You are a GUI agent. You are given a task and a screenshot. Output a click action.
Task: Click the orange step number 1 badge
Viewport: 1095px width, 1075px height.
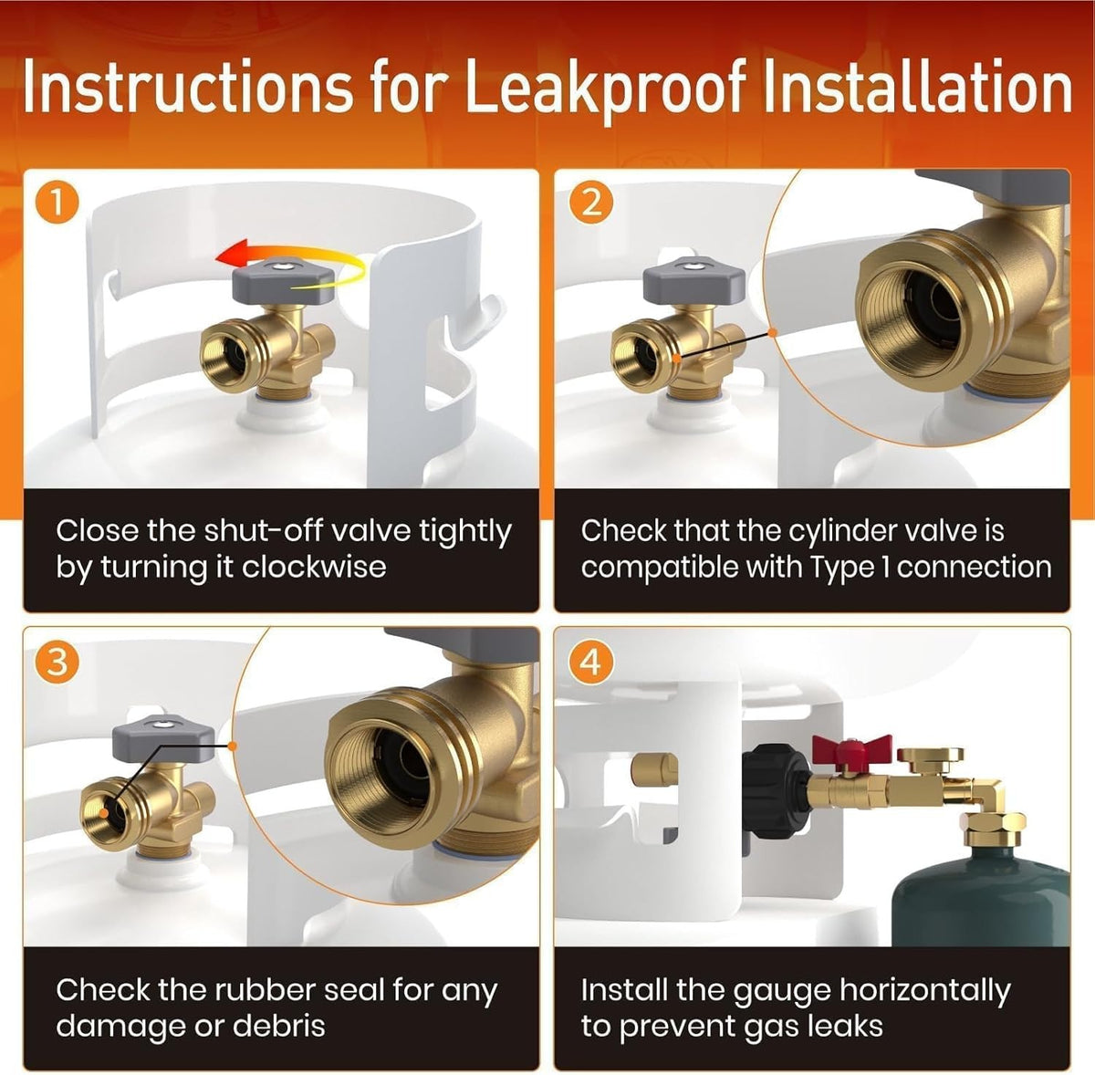click(x=57, y=204)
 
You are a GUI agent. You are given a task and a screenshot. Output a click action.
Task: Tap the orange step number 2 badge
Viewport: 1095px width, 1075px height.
click(x=591, y=203)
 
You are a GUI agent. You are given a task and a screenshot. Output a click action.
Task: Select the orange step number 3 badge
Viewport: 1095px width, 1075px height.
click(x=57, y=663)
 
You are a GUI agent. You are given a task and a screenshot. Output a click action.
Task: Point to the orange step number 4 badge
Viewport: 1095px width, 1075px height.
click(x=591, y=663)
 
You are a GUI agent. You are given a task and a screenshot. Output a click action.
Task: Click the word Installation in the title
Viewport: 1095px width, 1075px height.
click(x=916, y=89)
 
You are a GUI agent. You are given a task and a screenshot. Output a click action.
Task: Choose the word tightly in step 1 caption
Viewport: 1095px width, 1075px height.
click(x=465, y=532)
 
